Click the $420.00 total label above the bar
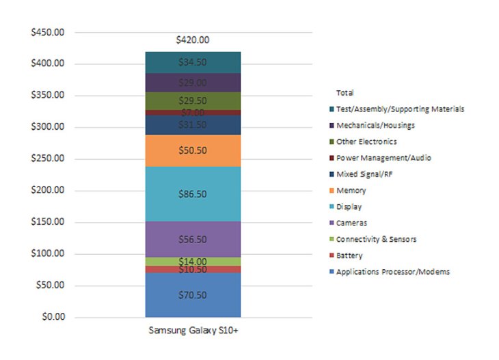point(193,40)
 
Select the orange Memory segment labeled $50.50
point(193,150)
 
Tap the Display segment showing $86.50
point(193,194)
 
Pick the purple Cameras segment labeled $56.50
point(193,240)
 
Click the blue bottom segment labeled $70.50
point(193,295)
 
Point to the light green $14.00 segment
point(193,262)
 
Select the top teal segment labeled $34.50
point(193,62)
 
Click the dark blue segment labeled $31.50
point(193,125)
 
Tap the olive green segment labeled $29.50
point(193,100)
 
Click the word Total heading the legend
point(345,92)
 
